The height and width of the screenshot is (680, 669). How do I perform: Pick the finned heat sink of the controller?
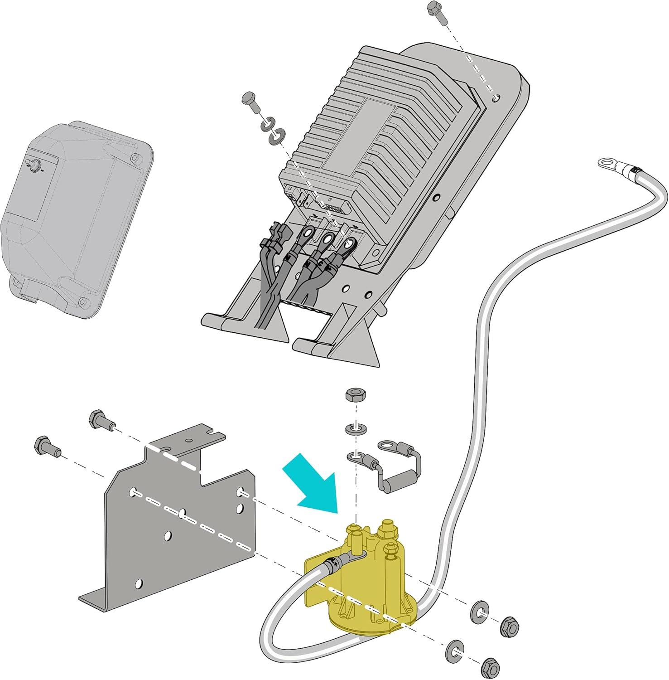coord(376,122)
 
